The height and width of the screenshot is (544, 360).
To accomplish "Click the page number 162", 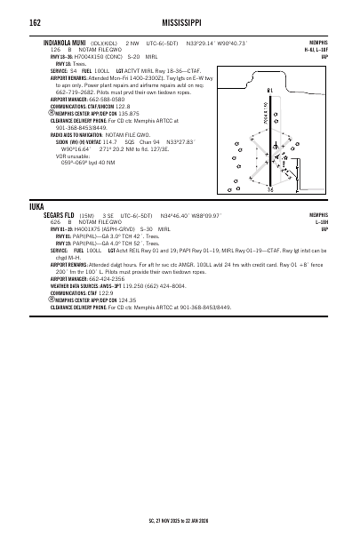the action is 35,22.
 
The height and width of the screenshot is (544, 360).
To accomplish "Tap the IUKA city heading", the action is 38,206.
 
